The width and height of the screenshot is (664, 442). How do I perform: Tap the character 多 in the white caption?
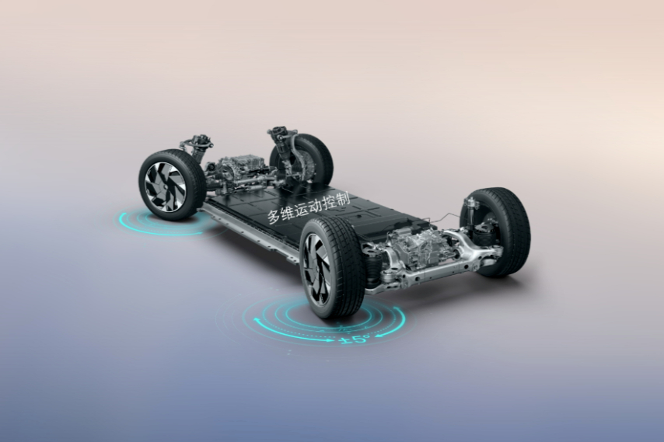pos(274,217)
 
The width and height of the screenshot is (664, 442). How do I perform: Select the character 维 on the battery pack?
pos(288,212)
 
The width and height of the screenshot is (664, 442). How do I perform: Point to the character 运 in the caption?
pos(302,208)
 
